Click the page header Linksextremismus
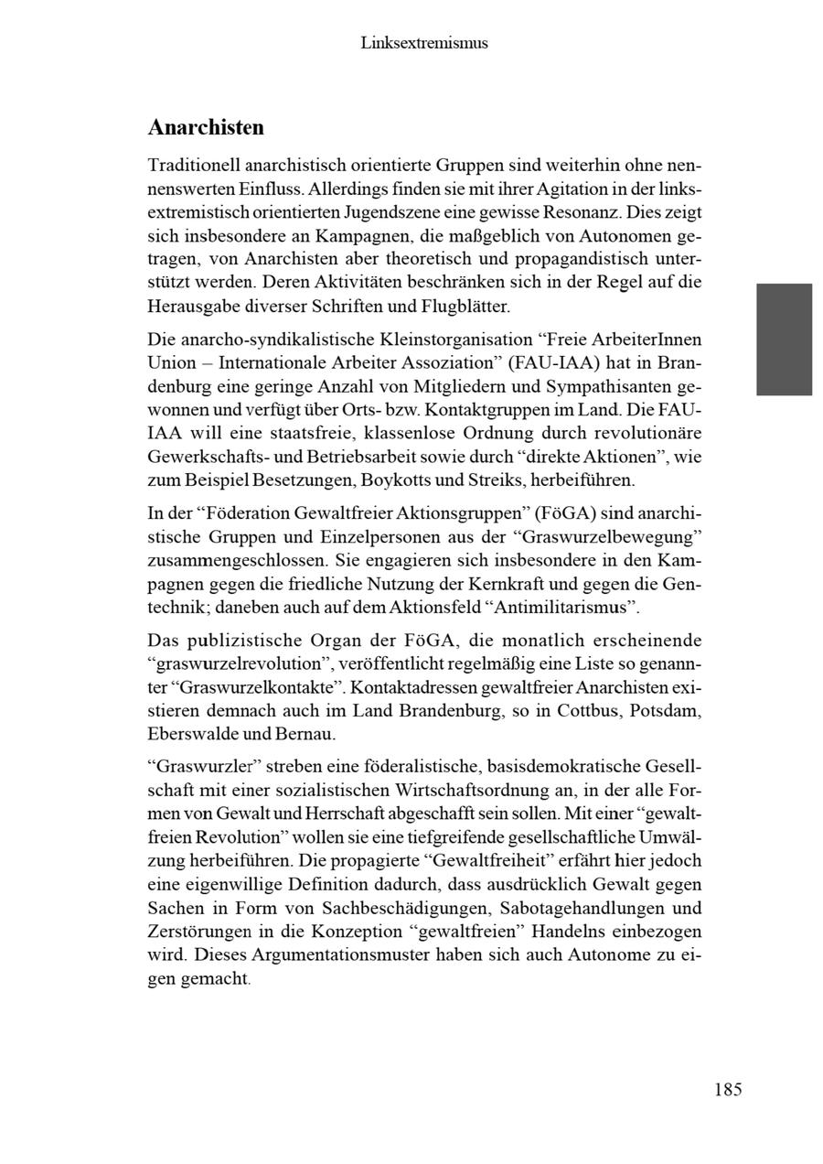click(x=423, y=43)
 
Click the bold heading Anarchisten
click(x=206, y=127)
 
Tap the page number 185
click(x=728, y=1090)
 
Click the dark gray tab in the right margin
click(x=784, y=339)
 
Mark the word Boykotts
click(x=394, y=480)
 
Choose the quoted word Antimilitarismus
click(x=564, y=608)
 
